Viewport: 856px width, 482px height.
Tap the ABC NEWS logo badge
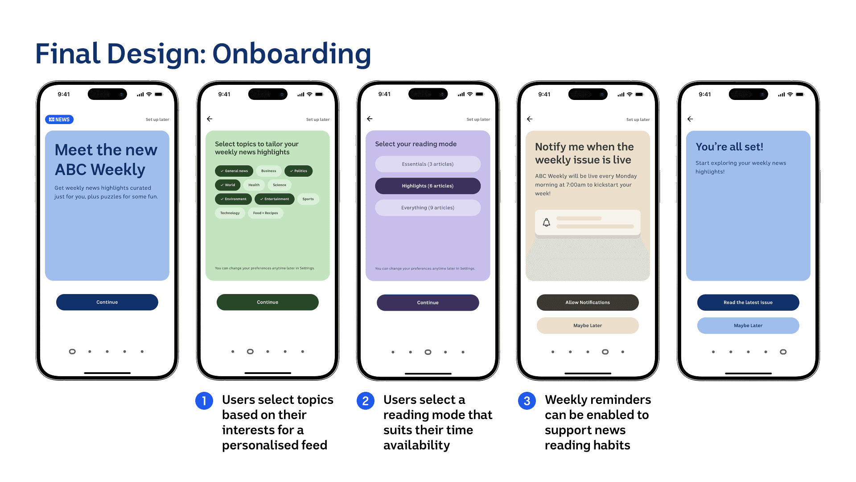tap(59, 120)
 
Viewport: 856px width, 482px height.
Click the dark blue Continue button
tap(107, 302)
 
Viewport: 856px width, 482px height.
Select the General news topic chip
tap(234, 171)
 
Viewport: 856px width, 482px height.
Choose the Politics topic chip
tap(298, 171)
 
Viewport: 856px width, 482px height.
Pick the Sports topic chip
tap(308, 199)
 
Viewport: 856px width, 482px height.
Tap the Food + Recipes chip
tap(265, 213)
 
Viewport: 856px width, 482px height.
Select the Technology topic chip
tap(230, 213)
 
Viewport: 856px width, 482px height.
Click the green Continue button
tap(267, 302)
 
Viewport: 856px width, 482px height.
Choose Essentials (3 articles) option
tap(428, 164)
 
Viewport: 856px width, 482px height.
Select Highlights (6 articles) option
tap(428, 186)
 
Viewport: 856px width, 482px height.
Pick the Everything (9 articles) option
tap(428, 208)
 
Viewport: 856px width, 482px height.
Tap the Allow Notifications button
tap(588, 303)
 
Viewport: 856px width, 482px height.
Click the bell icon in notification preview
tap(547, 222)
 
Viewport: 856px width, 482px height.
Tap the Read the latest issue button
tap(748, 303)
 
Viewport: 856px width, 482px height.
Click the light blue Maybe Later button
tap(748, 326)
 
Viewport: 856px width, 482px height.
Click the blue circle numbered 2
tap(366, 401)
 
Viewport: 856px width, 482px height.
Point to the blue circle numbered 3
tap(527, 401)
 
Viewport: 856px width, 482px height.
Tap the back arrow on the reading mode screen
tap(370, 119)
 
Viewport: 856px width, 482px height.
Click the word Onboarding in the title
tap(292, 54)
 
